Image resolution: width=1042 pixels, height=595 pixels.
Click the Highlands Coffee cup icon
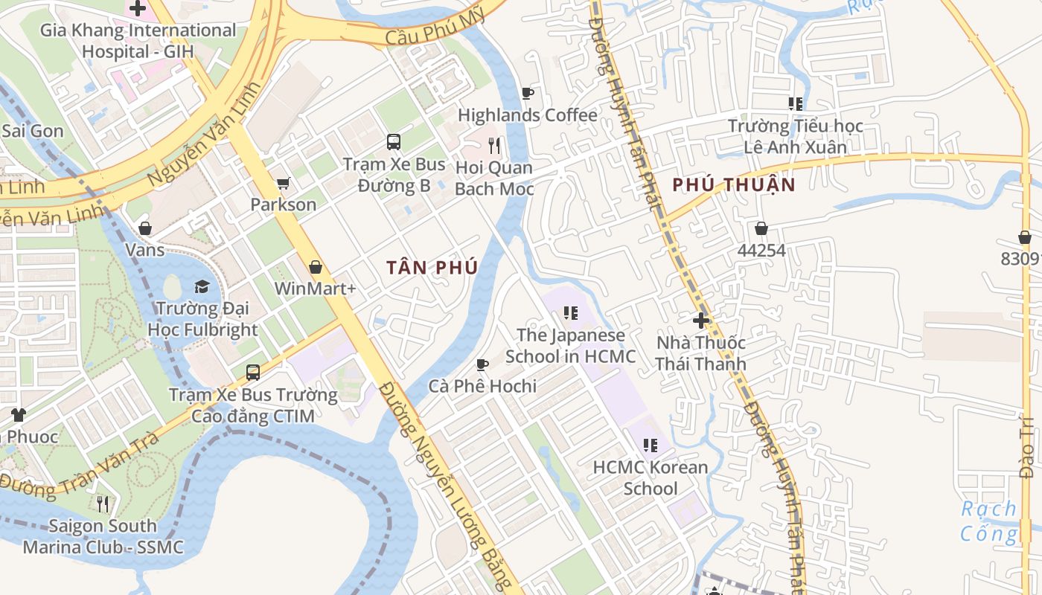point(528,93)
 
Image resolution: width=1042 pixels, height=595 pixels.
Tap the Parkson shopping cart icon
point(283,183)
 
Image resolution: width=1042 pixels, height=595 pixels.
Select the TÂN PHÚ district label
point(432,268)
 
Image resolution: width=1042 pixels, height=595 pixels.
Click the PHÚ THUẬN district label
point(734,185)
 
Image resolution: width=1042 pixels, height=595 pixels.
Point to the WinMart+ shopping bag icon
point(316,266)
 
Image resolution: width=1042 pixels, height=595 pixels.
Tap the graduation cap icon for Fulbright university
point(202,286)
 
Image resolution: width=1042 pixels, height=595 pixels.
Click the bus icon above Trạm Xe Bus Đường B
point(394,141)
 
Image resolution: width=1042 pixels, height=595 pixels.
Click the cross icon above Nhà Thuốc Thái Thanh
point(700,321)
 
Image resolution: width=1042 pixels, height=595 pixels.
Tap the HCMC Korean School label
point(651,477)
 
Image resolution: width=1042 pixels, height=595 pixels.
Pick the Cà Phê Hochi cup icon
point(482,364)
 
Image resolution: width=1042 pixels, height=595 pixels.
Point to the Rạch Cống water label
point(988,521)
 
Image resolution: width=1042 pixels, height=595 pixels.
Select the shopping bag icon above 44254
point(761,228)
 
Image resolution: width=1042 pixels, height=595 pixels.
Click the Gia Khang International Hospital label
point(138,41)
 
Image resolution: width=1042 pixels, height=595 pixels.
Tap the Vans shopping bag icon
point(145,228)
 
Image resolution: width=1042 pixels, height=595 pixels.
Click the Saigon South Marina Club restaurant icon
point(103,504)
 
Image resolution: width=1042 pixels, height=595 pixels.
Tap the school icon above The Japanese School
point(571,313)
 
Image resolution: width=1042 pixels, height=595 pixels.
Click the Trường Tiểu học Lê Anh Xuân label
point(795,136)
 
